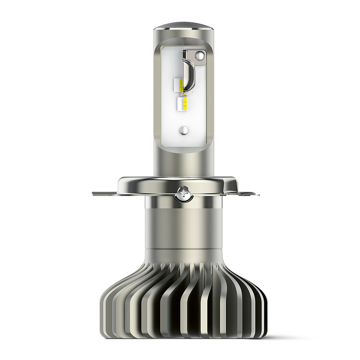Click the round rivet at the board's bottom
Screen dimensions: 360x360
click(184, 130)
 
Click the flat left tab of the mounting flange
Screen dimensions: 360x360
click(105, 194)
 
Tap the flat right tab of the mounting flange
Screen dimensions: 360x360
click(246, 194)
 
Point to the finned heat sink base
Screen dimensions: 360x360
click(183, 303)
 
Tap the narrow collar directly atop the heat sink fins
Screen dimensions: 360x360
click(183, 255)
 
